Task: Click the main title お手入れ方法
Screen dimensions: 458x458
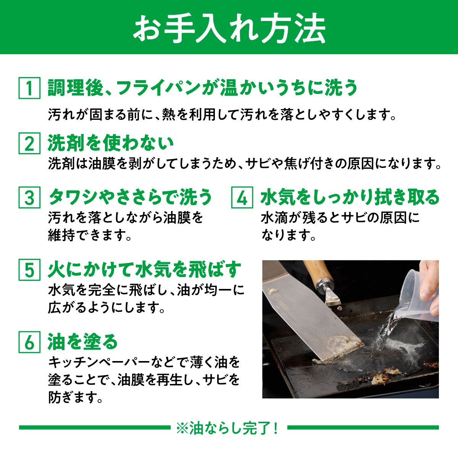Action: tap(229, 29)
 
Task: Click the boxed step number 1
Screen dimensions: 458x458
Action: tap(29, 88)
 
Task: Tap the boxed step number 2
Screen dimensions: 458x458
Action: tap(29, 143)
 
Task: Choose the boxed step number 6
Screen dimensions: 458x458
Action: tap(29, 342)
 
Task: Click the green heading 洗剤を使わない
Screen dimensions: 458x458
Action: tap(111, 143)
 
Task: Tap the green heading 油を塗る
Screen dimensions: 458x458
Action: tap(82, 342)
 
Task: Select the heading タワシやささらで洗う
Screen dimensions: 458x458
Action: tap(130, 197)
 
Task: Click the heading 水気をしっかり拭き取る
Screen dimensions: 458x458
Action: tap(350, 197)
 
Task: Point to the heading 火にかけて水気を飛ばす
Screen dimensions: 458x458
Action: tap(145, 269)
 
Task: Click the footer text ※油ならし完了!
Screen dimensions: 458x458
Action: tap(228, 428)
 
